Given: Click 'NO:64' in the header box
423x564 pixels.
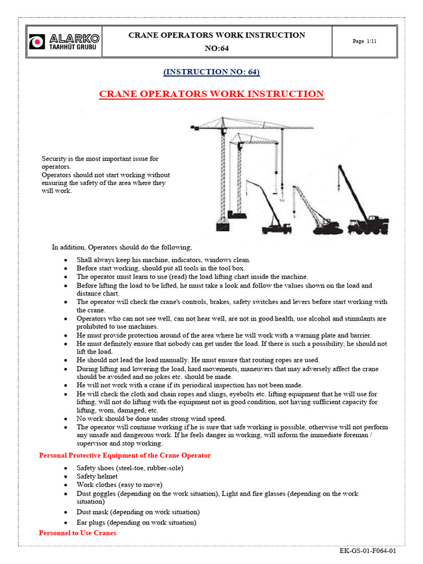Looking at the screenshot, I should tap(216, 48).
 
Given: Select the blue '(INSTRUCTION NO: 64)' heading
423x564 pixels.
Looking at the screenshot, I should tap(211, 72).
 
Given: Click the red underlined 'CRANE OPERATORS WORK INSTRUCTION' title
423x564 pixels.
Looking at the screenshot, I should tap(211, 94).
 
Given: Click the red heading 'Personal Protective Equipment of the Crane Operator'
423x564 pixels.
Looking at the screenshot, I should tap(124, 455).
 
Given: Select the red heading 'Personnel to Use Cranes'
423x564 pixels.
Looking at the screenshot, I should tap(78, 533).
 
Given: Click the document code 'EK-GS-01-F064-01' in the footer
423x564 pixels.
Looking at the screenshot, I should tap(368, 551).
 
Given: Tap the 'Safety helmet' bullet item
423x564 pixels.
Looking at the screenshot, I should tap(97, 476).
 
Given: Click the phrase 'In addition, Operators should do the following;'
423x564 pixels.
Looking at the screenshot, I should tap(122, 247).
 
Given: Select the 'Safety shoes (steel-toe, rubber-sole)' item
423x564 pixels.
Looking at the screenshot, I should tap(130, 468).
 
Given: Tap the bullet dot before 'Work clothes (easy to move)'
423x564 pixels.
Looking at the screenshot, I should tap(66, 485).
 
